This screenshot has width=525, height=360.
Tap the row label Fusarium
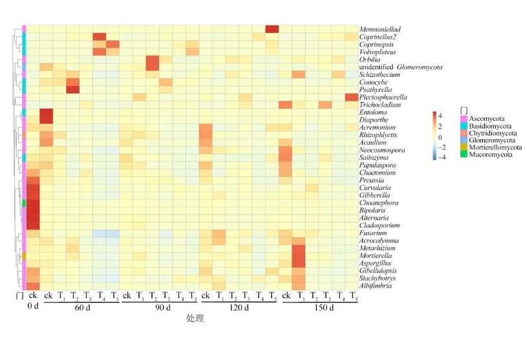(373, 233)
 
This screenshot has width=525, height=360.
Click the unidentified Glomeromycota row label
(403, 67)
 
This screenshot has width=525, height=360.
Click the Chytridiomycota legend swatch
(464, 133)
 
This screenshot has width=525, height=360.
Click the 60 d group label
(81, 307)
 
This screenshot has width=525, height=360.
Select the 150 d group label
(319, 307)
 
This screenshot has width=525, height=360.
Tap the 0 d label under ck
(33, 307)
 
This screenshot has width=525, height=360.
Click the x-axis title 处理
(194, 319)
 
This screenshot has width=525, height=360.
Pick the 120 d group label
(240, 307)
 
